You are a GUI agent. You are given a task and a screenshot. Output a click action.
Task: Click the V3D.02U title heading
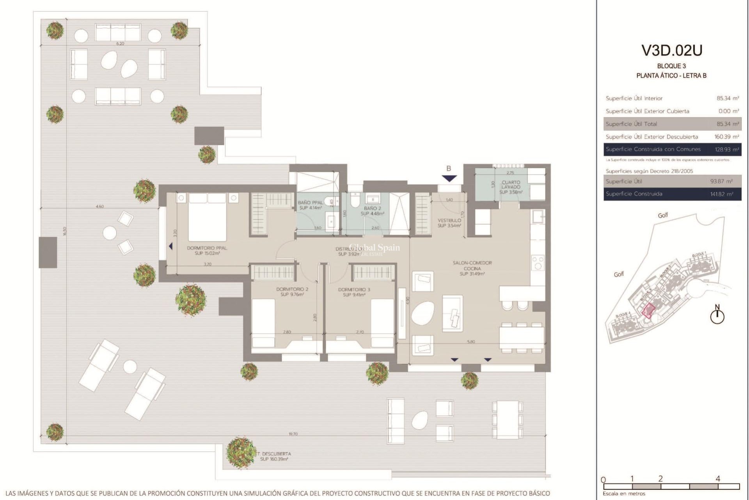coord(672,51)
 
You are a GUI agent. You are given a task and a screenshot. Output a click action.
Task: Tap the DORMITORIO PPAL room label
coord(207,250)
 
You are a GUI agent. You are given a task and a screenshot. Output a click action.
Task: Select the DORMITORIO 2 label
coord(292,292)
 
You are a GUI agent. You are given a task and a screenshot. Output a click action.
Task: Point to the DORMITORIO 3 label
coord(354,292)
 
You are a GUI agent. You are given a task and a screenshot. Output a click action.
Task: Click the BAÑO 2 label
coord(372,211)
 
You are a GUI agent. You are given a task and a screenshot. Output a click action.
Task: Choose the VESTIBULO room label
coord(449,223)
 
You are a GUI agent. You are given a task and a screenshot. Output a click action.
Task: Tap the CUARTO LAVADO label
coord(511,187)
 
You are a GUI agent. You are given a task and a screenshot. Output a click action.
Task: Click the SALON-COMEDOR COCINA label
coord(472,268)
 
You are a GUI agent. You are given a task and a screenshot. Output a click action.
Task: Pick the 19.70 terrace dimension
coord(293,434)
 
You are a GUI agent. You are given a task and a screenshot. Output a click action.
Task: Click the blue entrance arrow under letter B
coord(449,179)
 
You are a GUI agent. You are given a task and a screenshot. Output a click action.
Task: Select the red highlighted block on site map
coord(648,311)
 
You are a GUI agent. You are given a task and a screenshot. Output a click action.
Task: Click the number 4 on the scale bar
coord(718,479)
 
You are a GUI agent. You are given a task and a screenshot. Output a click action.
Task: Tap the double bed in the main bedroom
coord(207,217)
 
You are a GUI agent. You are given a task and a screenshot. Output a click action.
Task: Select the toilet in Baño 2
coord(355,201)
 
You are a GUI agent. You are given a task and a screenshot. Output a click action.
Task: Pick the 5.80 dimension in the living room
coord(471,341)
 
